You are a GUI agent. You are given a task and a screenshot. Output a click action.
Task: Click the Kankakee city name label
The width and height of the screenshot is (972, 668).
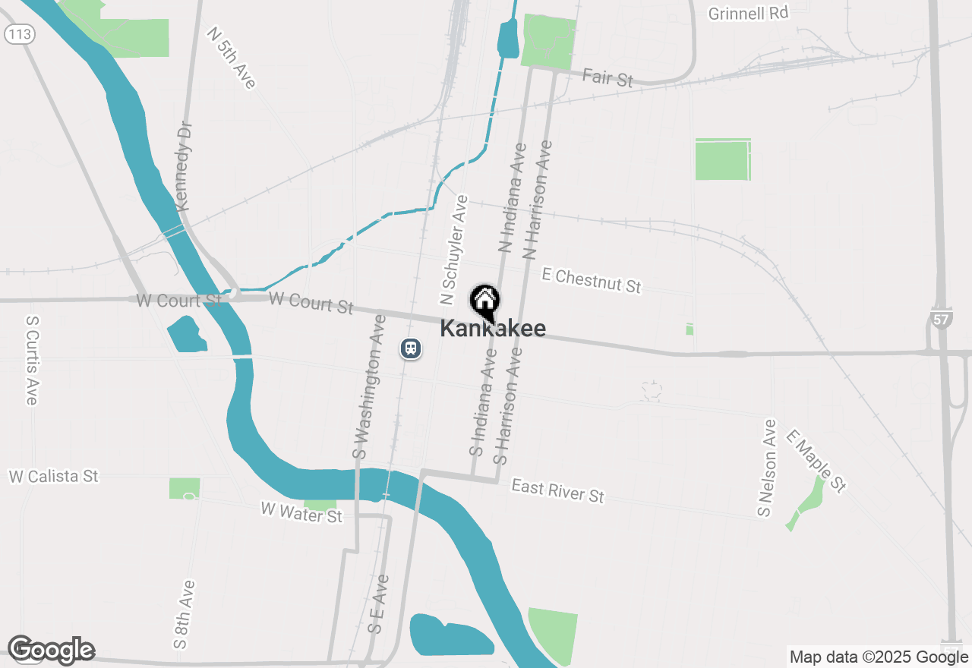492,329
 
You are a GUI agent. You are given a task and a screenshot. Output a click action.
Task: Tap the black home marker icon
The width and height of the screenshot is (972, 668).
484,301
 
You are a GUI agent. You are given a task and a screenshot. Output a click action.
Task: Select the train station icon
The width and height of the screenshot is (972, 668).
411,348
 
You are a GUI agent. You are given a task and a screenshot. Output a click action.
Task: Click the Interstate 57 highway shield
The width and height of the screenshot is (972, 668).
941,318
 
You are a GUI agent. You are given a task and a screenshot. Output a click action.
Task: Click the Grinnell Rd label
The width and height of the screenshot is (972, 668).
748,14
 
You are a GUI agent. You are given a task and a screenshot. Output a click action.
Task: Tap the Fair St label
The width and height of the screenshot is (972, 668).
607,77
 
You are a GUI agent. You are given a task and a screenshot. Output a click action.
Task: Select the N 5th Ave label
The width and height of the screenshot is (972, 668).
232,58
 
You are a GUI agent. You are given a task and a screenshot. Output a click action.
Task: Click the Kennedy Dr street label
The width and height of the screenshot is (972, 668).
184,167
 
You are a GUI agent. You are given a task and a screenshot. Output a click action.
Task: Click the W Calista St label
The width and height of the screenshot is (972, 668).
54,476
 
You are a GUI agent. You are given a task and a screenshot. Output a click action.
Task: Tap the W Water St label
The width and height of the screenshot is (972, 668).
301,512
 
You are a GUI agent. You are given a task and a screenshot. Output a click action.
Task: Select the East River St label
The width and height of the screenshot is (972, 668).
557,490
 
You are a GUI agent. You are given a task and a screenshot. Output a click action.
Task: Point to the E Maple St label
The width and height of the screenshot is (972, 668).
816,461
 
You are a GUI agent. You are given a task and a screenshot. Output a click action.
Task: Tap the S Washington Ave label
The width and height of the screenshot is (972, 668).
368,397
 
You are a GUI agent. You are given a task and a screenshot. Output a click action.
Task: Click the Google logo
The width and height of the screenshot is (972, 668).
51,651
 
